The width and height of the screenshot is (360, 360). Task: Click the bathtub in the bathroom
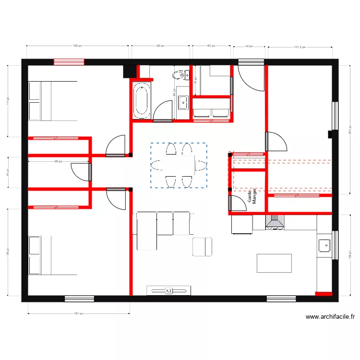142,100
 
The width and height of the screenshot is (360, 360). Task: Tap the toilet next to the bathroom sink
182,74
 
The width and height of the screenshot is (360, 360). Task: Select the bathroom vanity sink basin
183,102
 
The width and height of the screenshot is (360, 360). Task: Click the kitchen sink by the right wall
324,245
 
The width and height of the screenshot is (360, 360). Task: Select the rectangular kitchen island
274,263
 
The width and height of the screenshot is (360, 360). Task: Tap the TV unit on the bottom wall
168,290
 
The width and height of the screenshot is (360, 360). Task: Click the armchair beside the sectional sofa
202,246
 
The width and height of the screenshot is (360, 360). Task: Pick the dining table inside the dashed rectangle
179,165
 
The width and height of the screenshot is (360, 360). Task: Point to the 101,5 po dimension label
300,47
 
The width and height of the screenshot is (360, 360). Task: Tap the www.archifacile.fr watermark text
330,317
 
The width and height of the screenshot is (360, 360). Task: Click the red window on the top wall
69,62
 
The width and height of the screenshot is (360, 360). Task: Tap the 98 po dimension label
58,161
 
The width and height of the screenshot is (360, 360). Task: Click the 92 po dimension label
160,46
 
